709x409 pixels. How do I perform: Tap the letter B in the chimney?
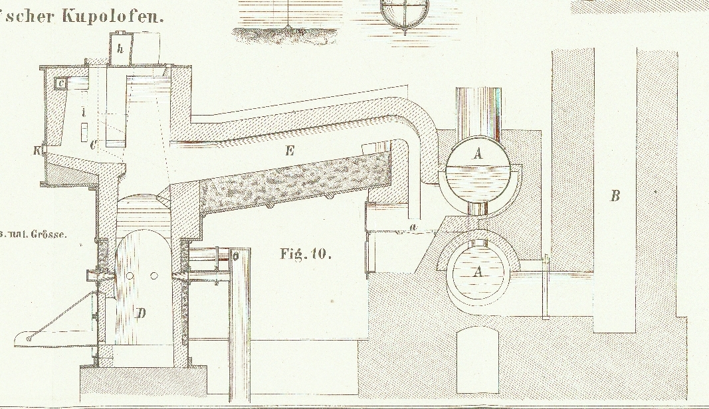pyautogui.click(x=615, y=195)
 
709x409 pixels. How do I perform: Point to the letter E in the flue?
pyautogui.click(x=289, y=151)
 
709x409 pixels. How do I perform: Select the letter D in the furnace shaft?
pyautogui.click(x=141, y=313)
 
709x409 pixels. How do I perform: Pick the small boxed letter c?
pyautogui.click(x=60, y=84)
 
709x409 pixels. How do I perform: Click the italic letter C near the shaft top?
pyautogui.click(x=93, y=143)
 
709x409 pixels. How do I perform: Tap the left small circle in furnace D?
pyautogui.click(x=131, y=276)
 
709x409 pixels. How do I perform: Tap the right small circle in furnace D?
pyautogui.click(x=153, y=276)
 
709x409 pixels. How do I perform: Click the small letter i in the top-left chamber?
pyautogui.click(x=83, y=114)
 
